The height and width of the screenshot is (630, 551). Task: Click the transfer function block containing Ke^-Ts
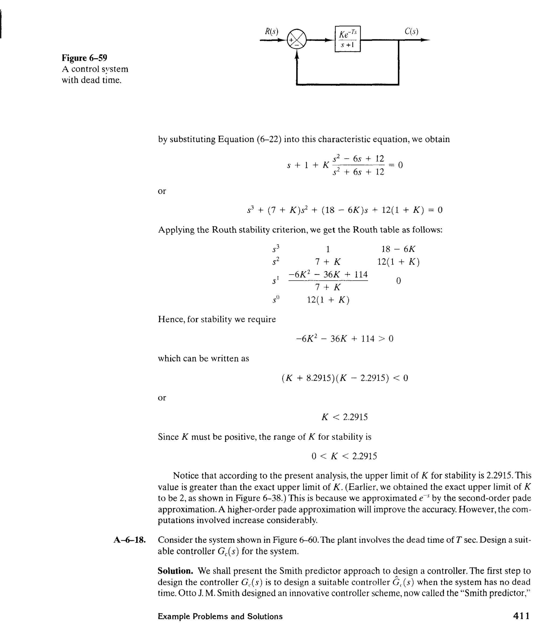(x=347, y=39)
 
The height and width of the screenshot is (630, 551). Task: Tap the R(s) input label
(x=271, y=32)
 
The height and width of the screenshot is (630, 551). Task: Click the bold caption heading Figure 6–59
(x=84, y=58)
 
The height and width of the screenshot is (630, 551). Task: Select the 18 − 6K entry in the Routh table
(x=398, y=249)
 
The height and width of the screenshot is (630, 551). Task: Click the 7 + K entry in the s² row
(x=328, y=262)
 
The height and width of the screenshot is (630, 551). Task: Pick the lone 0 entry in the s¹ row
(x=398, y=281)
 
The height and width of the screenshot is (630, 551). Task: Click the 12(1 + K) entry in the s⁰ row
(x=328, y=300)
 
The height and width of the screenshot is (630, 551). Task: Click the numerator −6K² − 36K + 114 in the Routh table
(x=328, y=274)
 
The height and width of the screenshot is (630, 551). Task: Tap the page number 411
(x=521, y=616)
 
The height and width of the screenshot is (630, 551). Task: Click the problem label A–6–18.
(x=129, y=540)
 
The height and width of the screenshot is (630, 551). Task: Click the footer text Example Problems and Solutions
(x=220, y=617)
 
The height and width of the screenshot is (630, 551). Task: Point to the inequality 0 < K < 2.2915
(x=344, y=456)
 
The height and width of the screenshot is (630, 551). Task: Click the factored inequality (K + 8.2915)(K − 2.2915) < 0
(x=345, y=378)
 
